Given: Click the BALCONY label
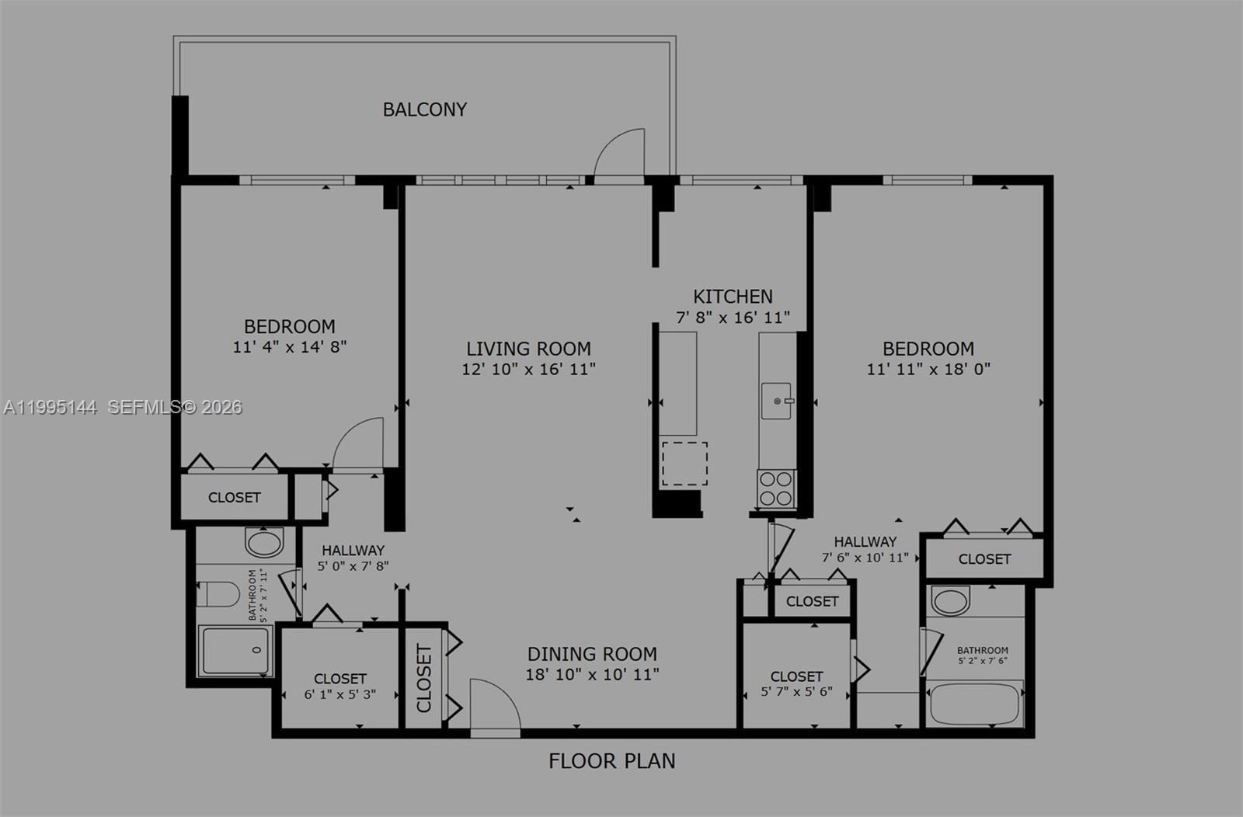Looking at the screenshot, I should pyautogui.click(x=424, y=110).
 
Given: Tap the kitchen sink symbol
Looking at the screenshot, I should pyautogui.click(x=776, y=401).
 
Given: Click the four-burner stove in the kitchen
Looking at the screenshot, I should pyautogui.click(x=776, y=488).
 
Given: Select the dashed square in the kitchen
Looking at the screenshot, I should pyautogui.click(x=684, y=464).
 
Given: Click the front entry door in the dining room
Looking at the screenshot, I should pyautogui.click(x=495, y=705).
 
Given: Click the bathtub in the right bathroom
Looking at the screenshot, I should pyautogui.click(x=976, y=704).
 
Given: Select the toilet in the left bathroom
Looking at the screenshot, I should pyautogui.click(x=218, y=595).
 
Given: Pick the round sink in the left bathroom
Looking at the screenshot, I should pyautogui.click(x=264, y=542).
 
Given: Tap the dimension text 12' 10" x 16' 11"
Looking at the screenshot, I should pyautogui.click(x=528, y=369).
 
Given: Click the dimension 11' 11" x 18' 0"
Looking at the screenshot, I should pyautogui.click(x=928, y=369).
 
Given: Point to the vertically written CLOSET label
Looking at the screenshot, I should pyautogui.click(x=423, y=678).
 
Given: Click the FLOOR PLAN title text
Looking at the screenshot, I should pyautogui.click(x=611, y=761).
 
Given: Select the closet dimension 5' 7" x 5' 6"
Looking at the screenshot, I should pyautogui.click(x=796, y=691).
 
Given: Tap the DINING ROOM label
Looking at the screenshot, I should pyautogui.click(x=592, y=654).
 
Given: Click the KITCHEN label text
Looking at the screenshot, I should pyautogui.click(x=733, y=297).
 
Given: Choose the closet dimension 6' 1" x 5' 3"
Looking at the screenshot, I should pyautogui.click(x=339, y=694).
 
